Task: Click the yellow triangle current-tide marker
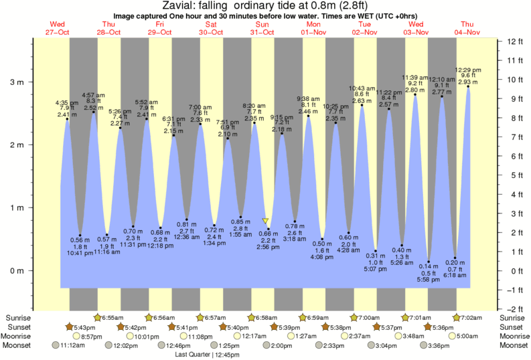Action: tap(266, 221)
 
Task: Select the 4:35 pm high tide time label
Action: tap(67, 102)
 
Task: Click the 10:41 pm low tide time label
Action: tap(79, 252)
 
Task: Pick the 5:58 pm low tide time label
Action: tap(429, 279)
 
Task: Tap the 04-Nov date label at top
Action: tap(467, 32)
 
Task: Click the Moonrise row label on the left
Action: tap(19, 336)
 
